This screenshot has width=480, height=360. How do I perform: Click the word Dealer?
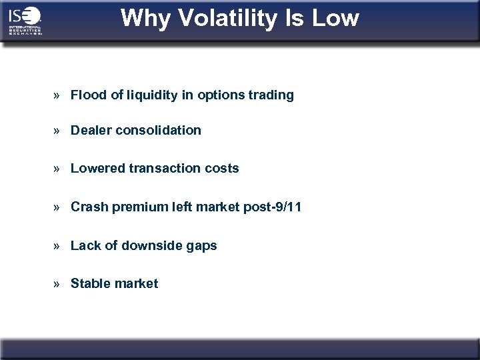click(91, 131)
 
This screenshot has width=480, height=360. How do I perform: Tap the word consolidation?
click(158, 131)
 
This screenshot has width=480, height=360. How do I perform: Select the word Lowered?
click(96, 169)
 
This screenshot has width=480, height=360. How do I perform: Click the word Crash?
click(88, 207)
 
